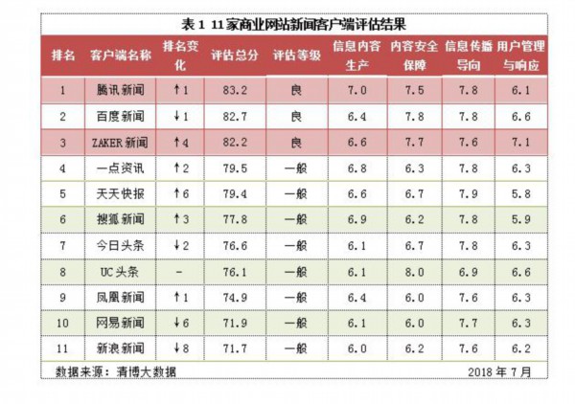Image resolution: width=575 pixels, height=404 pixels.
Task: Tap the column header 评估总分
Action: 234,56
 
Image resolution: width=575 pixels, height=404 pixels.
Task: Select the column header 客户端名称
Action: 121,56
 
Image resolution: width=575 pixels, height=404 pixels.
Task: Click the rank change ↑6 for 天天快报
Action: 179,194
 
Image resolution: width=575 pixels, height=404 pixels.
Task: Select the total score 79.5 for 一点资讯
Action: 234,168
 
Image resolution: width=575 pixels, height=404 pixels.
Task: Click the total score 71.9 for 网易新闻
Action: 234,324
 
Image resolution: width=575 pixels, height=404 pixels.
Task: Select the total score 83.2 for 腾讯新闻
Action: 234,90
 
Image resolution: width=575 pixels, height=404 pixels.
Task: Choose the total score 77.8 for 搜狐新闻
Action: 234,220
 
